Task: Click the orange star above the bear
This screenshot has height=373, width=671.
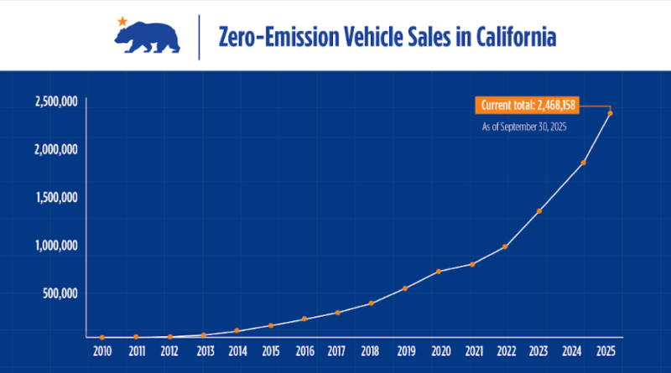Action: pos(123,19)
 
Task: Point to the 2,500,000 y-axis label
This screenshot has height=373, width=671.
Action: pos(57,101)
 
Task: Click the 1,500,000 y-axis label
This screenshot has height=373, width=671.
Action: pos(57,198)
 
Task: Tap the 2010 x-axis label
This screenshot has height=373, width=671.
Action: pos(101,350)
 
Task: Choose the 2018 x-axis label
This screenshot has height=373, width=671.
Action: pos(370,350)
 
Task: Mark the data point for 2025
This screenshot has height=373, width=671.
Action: pos(610,113)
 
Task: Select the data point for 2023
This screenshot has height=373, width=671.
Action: pos(539,210)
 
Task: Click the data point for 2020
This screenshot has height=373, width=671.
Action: pos(439,272)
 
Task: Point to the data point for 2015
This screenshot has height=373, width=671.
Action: pos(270,325)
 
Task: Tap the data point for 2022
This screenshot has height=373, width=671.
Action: pos(505,246)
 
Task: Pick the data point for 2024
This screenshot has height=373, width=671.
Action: pos(583,163)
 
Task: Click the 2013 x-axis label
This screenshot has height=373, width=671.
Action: pos(203,350)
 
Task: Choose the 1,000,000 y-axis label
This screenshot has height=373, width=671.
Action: pos(57,246)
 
